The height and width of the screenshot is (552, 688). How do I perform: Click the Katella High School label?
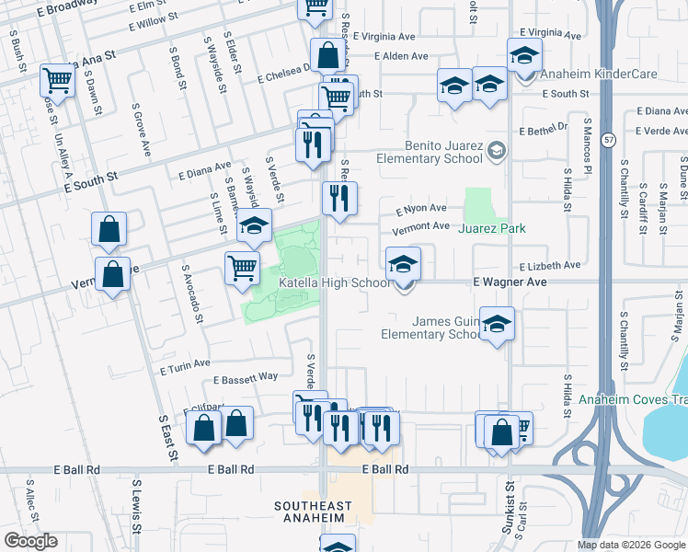pos(335,282)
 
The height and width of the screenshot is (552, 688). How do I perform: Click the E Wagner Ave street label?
pos(510,282)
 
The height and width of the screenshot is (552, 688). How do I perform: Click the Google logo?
pos(30,541)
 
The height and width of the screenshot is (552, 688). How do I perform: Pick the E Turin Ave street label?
pos(185,368)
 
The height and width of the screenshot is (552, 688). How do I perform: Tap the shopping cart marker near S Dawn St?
pos(57,81)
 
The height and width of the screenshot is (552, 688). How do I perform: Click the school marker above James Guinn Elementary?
pos(497,324)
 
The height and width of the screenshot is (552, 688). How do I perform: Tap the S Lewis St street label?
pos(136,505)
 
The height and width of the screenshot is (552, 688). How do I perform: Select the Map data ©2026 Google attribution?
pos(630,545)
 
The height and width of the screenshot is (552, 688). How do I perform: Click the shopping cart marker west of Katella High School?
pos(242,268)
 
